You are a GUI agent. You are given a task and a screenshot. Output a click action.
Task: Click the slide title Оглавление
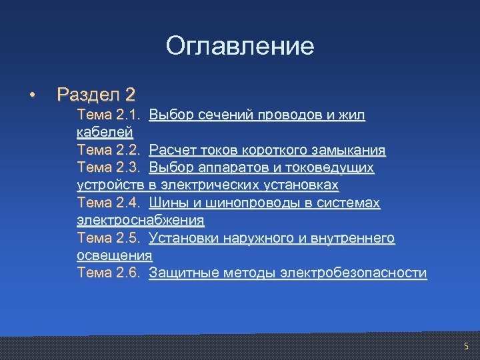[239, 46]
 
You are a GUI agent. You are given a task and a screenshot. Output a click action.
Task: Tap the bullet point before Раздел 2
[31, 95]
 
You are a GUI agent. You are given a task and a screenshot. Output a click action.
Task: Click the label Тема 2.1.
[109, 115]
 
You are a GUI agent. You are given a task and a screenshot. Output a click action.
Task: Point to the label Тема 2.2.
[109, 150]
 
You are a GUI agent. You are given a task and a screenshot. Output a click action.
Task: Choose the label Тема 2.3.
[109, 167]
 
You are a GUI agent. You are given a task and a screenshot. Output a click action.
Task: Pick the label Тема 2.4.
[109, 203]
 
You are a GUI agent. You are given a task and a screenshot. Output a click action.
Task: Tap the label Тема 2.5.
[109, 238]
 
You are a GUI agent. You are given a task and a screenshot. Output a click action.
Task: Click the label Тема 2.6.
[109, 273]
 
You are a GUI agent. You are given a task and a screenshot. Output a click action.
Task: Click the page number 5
[466, 347]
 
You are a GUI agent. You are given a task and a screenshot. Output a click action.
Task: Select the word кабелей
[105, 133]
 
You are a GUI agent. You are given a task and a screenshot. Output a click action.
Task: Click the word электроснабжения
[141, 220]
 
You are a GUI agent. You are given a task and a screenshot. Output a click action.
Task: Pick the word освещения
[115, 255]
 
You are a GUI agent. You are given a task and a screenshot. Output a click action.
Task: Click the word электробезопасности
[353, 273]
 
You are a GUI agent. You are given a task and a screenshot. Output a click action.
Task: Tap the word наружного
[255, 238]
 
